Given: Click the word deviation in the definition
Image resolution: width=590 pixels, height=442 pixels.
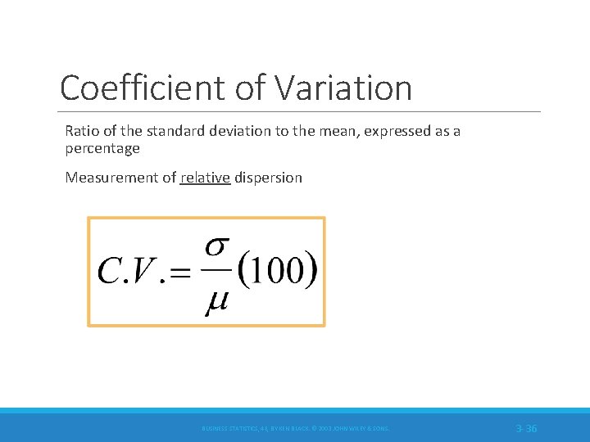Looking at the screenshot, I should tap(251, 132).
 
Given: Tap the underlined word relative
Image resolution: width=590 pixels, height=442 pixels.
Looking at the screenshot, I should tap(205, 178).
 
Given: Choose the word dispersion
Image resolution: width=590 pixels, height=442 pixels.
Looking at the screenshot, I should tap(269, 178).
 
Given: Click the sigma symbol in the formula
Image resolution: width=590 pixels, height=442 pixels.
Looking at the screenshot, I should tap(215, 246).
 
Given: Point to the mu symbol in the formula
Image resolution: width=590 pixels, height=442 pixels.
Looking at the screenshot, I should tap(215, 304).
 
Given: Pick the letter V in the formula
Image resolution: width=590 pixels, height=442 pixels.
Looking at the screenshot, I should tap(144, 270).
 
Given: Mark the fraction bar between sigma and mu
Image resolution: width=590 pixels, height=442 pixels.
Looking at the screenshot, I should tap(215, 274).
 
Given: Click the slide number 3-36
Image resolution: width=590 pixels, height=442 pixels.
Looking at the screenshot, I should tap(527, 428).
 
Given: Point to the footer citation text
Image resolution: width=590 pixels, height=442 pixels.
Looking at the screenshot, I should tap(296, 428).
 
